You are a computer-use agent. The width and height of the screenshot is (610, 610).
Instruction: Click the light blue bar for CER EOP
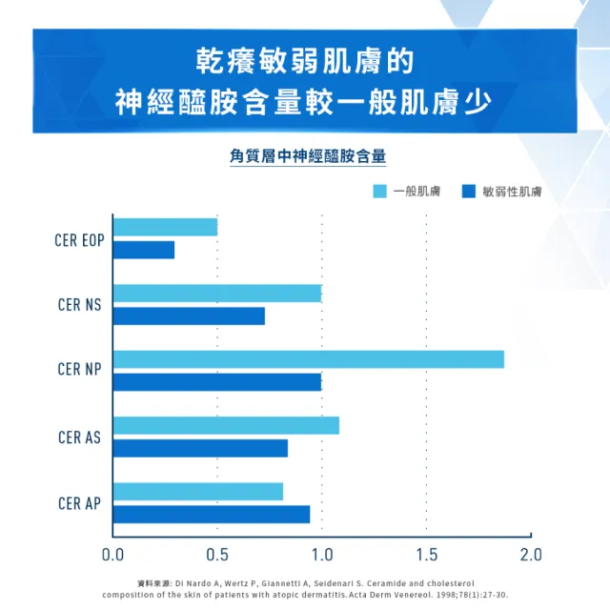pyautogui.click(x=165, y=227)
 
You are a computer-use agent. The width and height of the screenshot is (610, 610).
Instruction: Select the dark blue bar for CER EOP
pyautogui.click(x=144, y=250)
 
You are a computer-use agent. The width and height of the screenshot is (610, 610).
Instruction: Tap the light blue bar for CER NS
pyautogui.click(x=217, y=293)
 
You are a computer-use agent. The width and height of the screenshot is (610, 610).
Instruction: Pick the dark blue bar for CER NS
pyautogui.click(x=189, y=315)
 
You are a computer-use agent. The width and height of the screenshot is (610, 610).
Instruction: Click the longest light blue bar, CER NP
pyautogui.click(x=308, y=359)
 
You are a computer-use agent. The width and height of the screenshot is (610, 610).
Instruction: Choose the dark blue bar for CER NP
pyautogui.click(x=217, y=382)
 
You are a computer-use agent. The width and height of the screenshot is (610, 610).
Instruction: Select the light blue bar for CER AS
pyautogui.click(x=226, y=425)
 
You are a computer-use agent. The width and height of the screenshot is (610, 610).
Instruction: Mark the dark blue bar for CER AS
pyautogui.click(x=200, y=448)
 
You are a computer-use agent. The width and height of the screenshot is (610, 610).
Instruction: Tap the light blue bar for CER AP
pyautogui.click(x=198, y=491)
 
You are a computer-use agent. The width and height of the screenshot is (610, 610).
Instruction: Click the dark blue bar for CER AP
pyautogui.click(x=212, y=514)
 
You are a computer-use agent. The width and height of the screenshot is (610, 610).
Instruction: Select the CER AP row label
pyautogui.click(x=80, y=503)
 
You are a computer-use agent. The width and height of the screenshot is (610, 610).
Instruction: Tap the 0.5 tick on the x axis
pyautogui.click(x=217, y=554)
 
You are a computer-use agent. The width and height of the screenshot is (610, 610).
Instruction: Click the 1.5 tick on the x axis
pyautogui.click(x=426, y=554)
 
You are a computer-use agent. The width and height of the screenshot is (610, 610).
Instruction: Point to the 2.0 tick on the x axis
pyautogui.click(x=531, y=554)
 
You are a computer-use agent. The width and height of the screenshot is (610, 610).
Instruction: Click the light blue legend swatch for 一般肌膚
pyautogui.click(x=379, y=192)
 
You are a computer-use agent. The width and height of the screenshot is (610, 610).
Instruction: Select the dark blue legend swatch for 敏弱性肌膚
pyautogui.click(x=468, y=192)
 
